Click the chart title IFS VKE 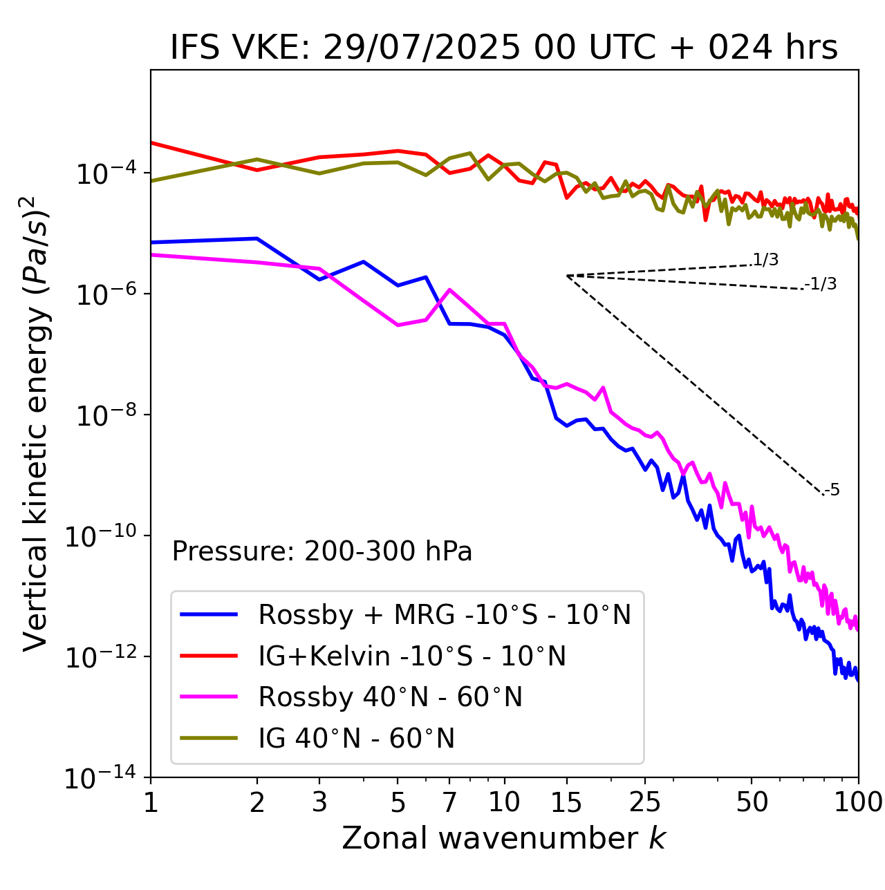pos(503,48)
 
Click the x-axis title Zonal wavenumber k pos(503,838)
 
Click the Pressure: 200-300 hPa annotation pos(322,551)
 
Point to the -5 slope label pos(832,490)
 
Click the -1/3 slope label pos(821,284)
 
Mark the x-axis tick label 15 pos(566,802)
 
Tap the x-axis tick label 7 pos(449,802)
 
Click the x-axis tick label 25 pos(645,802)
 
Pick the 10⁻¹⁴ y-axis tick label pos(100,779)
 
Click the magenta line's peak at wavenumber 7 pos(450,290)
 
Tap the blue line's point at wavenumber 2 pos(257,238)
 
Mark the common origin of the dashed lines pos(567,276)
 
